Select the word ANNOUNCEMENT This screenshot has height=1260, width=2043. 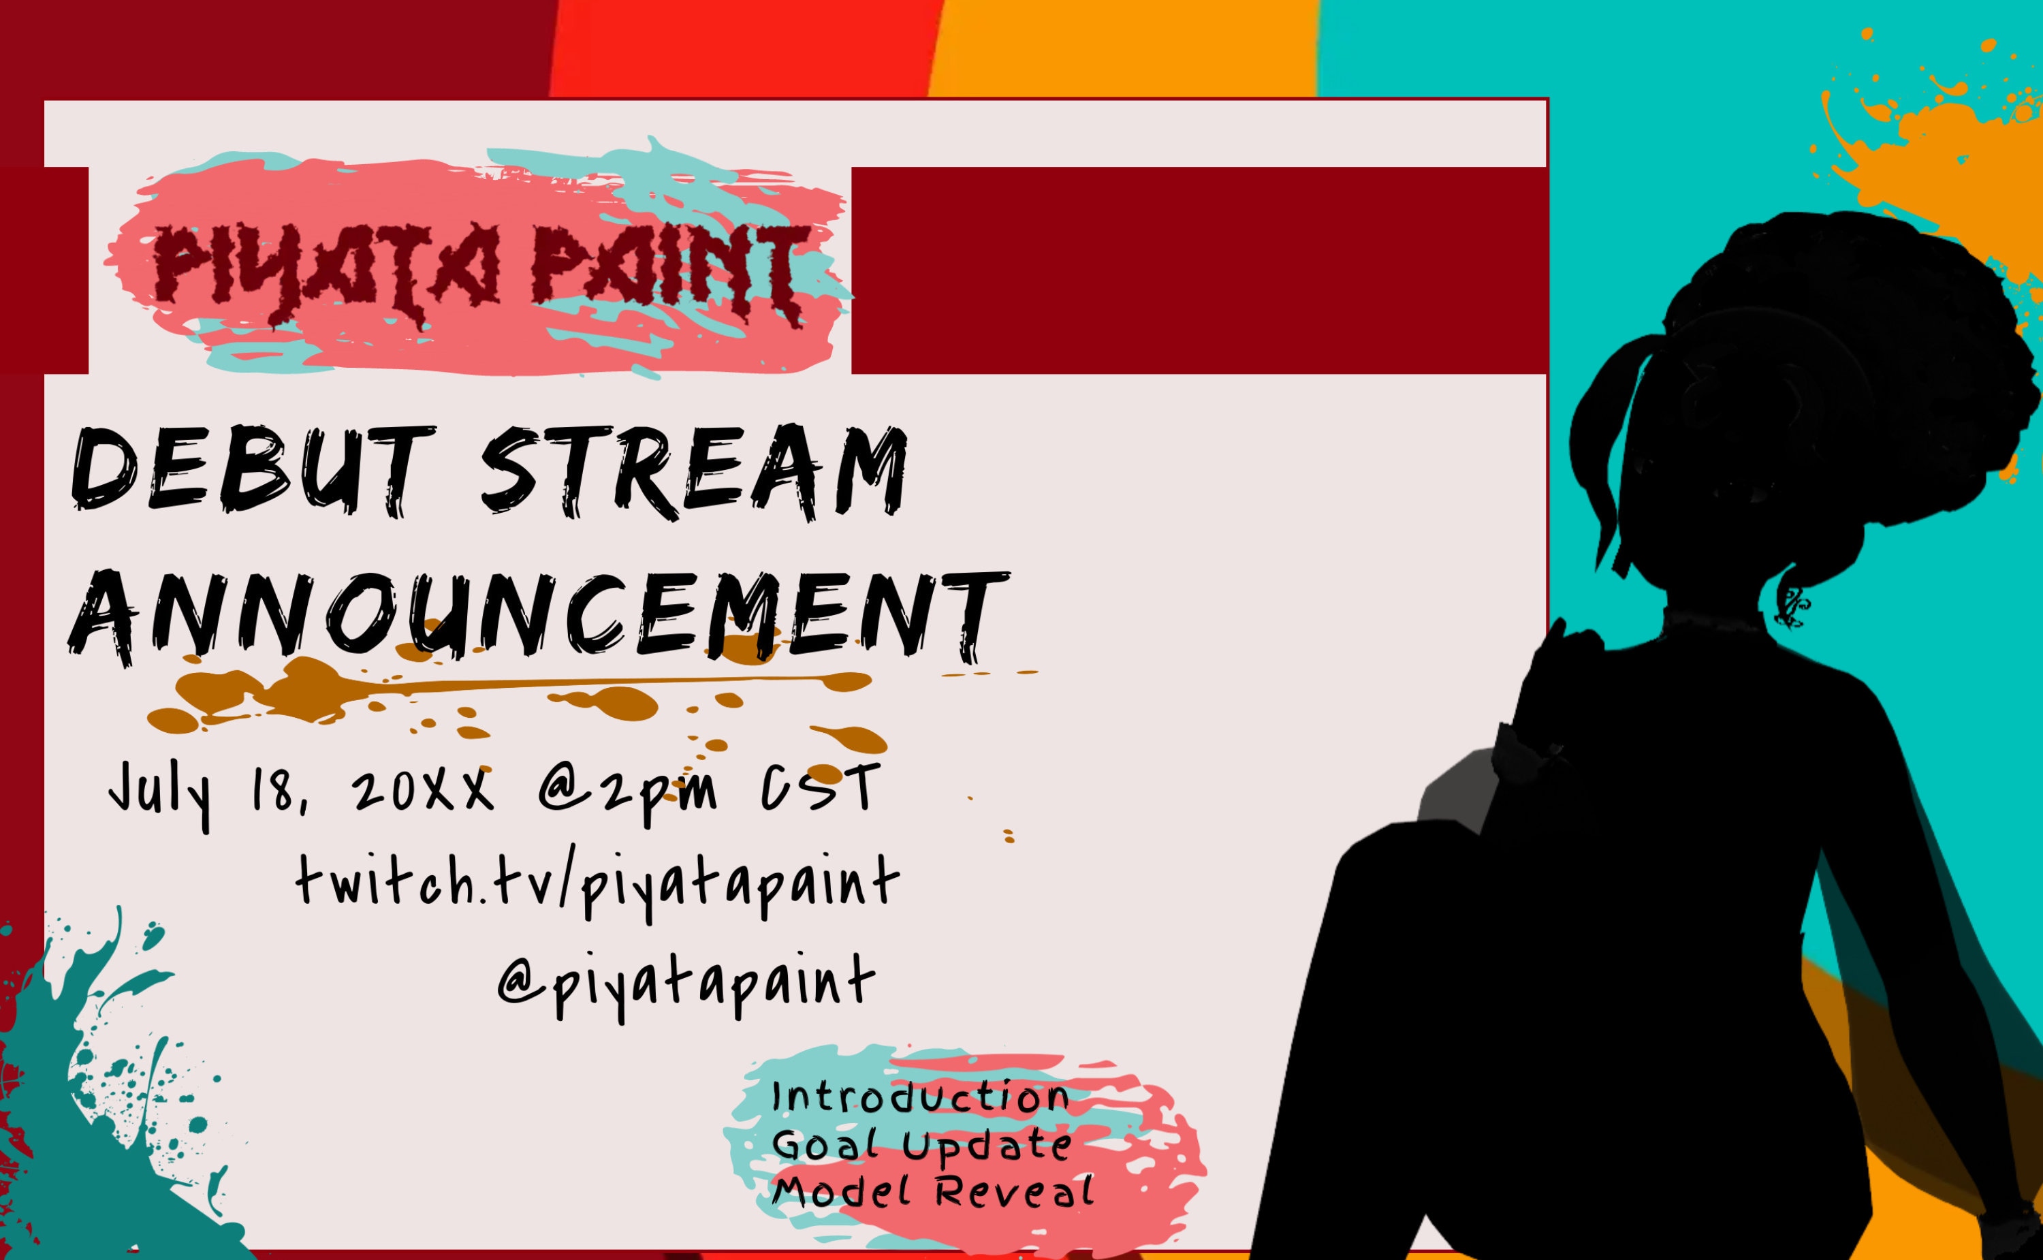tap(537, 616)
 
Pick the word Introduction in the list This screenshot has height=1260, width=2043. tap(921, 1097)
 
